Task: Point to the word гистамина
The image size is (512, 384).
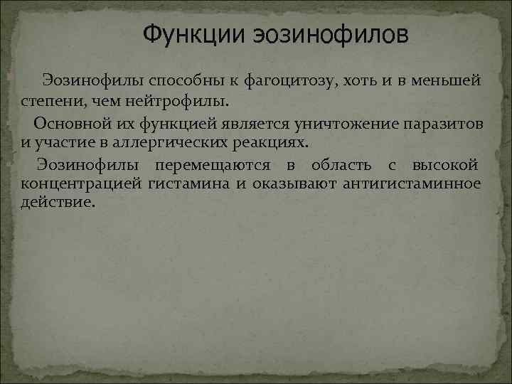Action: (x=188, y=186)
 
